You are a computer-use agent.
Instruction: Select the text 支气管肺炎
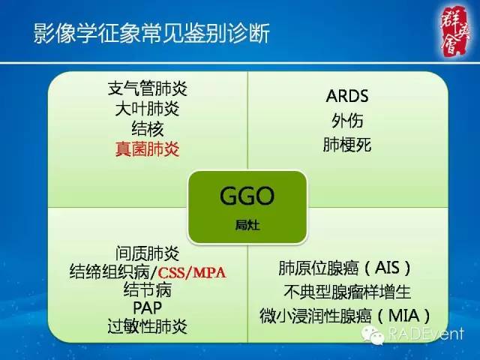[x=147, y=88]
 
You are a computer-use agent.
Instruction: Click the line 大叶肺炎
[x=147, y=108]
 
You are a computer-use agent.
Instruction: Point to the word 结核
[x=147, y=128]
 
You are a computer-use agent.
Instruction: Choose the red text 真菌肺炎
[x=147, y=148]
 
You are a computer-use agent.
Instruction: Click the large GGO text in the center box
[x=247, y=197]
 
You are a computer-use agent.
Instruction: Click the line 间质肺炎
[x=147, y=251]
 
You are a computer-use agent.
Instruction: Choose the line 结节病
[x=147, y=289]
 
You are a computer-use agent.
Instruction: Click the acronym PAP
[x=147, y=307]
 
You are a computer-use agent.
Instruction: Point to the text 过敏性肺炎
[x=147, y=325]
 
